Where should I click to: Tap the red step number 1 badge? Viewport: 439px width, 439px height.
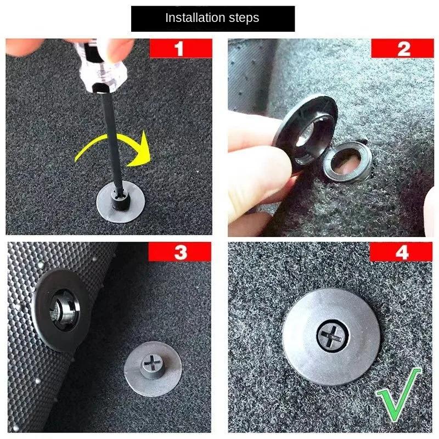coord(179,49)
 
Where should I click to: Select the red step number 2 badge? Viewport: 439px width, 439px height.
coord(404,49)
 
